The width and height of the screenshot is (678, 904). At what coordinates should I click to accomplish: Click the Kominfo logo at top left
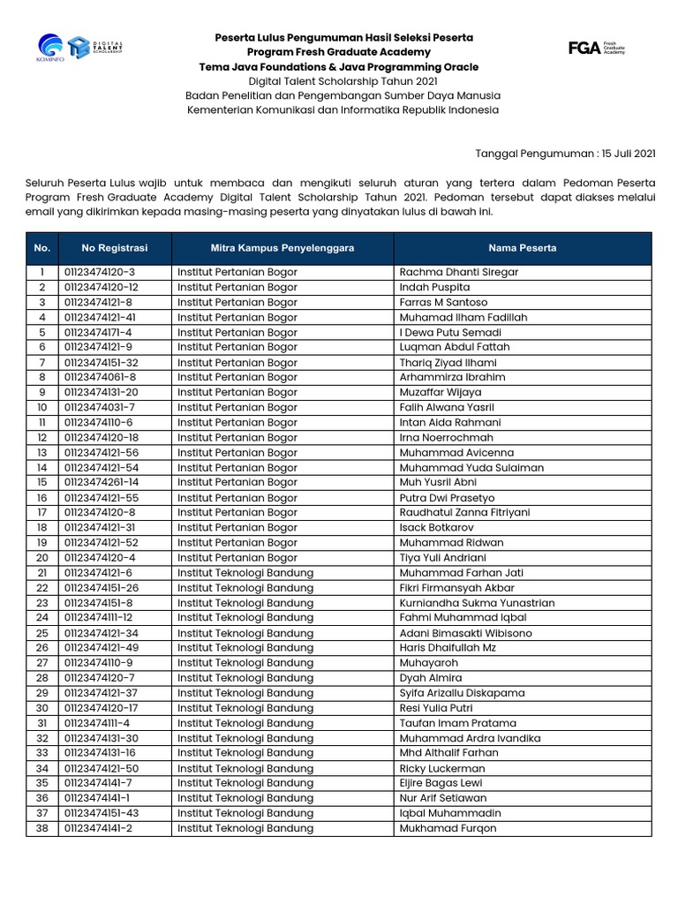(x=50, y=47)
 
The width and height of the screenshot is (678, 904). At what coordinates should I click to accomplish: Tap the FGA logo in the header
(x=597, y=48)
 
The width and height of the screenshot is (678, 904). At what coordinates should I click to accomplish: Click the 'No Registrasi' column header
(x=115, y=248)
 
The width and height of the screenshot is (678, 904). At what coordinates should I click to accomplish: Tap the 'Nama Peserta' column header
(x=523, y=248)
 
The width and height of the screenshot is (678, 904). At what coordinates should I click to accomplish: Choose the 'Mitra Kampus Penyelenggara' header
(x=282, y=248)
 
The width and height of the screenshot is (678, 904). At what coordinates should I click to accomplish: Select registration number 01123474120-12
(x=101, y=287)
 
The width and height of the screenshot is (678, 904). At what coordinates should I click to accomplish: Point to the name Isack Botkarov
(x=436, y=528)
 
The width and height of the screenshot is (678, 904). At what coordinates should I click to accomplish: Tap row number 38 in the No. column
(x=41, y=828)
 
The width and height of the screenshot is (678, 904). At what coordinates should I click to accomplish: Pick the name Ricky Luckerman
(x=442, y=768)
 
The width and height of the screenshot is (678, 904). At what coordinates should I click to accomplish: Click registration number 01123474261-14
(x=101, y=483)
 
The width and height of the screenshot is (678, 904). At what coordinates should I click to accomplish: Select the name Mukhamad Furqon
(x=448, y=828)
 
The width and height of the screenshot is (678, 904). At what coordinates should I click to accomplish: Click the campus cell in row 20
(x=237, y=558)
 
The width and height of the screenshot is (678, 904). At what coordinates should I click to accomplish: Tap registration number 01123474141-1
(x=97, y=798)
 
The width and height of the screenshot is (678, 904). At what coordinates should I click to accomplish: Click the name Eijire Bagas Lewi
(x=441, y=783)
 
